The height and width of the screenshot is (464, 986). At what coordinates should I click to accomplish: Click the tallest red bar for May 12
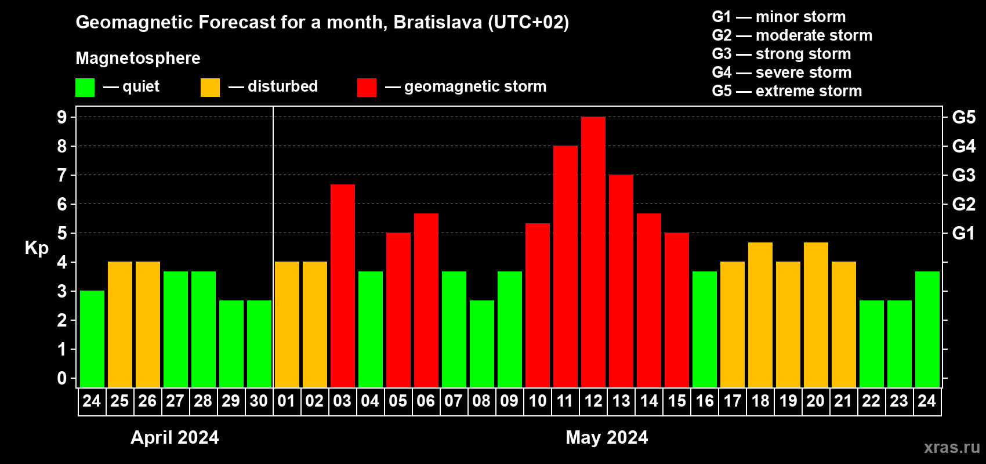pos(593,252)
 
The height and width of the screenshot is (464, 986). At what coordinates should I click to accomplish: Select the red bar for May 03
pos(343,286)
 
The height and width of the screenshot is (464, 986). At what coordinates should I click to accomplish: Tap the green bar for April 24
pos(92,339)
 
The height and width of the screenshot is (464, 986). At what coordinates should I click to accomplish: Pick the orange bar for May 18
pos(760,315)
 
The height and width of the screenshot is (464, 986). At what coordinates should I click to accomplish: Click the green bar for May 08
pos(482,344)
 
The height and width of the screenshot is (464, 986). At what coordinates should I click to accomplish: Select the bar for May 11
pos(565,267)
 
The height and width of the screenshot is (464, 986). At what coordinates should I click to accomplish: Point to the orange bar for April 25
pos(120,325)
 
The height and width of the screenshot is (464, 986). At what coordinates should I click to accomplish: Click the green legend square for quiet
pos(85,88)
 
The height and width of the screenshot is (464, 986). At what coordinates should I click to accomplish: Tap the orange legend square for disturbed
pos(210,88)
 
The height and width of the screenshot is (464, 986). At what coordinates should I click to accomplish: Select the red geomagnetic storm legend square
pos(367,88)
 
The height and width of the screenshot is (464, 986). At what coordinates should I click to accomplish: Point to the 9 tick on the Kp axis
pos(62,117)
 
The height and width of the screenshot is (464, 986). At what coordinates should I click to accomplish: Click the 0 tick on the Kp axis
pos(62,379)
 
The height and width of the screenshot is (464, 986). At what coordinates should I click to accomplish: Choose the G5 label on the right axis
pos(963,117)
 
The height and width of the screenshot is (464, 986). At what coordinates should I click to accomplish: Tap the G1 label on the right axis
pos(963,233)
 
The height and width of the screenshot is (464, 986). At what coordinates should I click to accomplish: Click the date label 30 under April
pos(259,401)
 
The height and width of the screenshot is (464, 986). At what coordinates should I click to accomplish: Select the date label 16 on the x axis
pos(705,401)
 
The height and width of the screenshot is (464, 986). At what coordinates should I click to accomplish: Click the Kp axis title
pos(37,248)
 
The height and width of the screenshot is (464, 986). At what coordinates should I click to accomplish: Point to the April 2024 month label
pos(175,437)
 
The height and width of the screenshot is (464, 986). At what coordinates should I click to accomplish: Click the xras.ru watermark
pos(952,447)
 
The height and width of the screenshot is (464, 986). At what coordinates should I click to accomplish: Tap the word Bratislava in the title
pos(437,22)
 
